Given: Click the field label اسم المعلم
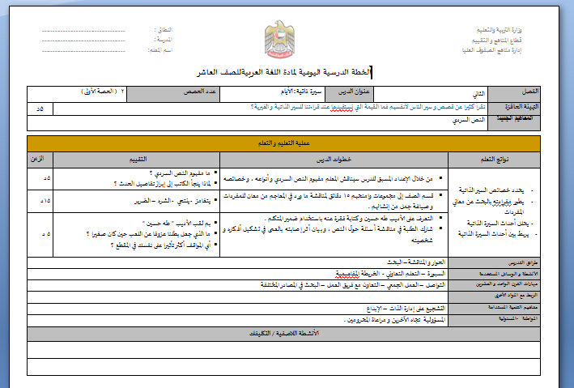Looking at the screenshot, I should (x=163, y=50).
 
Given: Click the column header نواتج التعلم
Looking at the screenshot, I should (x=494, y=158).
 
